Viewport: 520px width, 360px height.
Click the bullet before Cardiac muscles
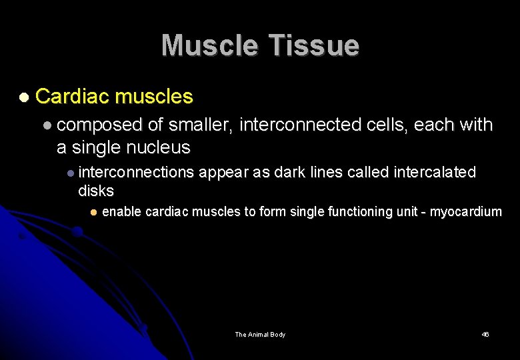pos(24,97)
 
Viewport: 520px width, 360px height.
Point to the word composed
pos(104,125)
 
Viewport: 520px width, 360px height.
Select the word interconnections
pos(136,173)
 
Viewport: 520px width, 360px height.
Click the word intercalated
pos(435,173)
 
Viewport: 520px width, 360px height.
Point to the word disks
pos(96,191)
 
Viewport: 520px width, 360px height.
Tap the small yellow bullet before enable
pos(94,212)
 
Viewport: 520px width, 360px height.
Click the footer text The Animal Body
pos(260,335)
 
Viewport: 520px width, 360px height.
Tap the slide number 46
pos(485,335)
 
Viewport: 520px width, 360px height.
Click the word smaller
pos(200,125)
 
